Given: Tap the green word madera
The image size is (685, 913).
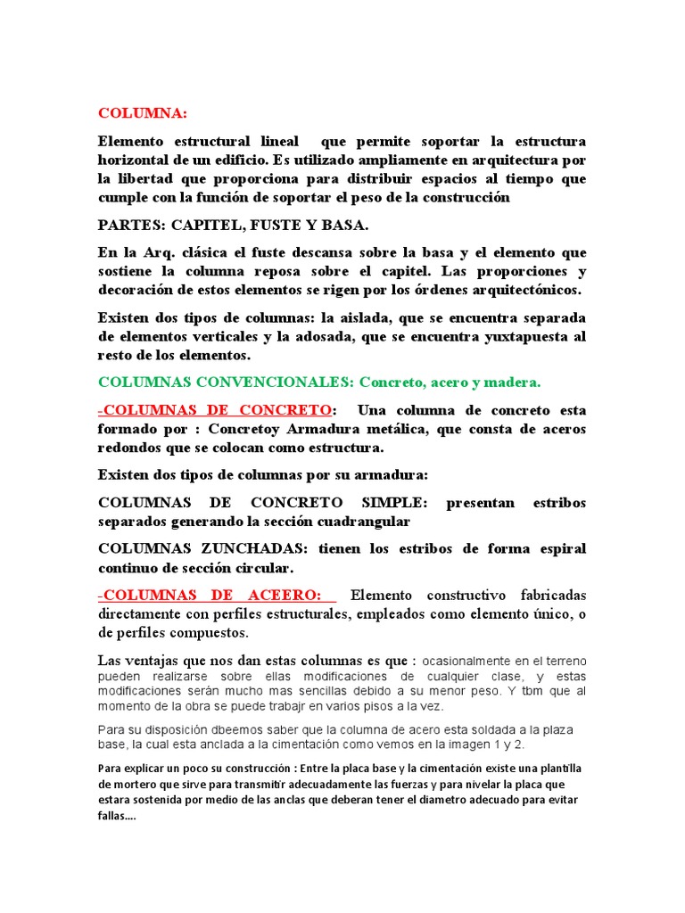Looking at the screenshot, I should (510, 382).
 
